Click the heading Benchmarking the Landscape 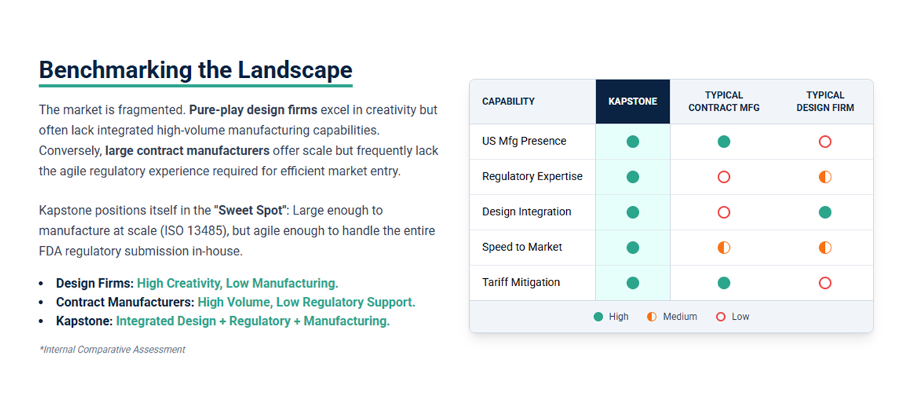195,70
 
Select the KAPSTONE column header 633,102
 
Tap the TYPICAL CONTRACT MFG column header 723,102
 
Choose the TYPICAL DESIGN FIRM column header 825,102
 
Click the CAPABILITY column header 508,102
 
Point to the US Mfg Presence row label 524,142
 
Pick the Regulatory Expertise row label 532,177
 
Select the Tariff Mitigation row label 521,283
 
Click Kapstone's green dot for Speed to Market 633,247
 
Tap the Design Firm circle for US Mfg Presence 825,142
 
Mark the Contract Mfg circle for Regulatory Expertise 723,177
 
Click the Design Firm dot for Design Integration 825,212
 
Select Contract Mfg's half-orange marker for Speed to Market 723,247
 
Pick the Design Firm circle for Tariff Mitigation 825,283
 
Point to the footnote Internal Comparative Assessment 113,350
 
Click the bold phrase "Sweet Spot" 250,211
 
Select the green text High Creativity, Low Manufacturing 237,284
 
